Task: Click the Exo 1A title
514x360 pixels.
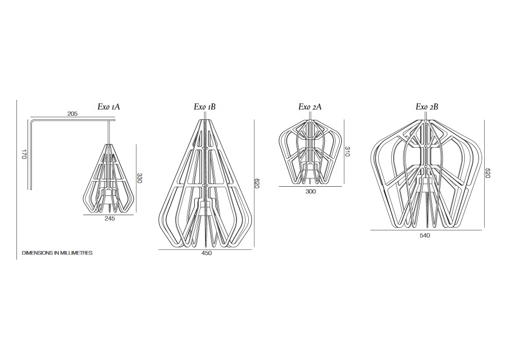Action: click(108, 106)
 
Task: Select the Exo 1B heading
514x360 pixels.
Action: click(205, 106)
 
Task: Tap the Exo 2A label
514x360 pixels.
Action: click(310, 106)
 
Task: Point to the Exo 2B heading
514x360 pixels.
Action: click(427, 106)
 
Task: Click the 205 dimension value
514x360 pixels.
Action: click(72, 114)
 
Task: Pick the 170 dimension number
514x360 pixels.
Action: click(24, 154)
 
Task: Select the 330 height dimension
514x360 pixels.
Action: click(139, 178)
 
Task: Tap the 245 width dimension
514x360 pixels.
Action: click(109, 219)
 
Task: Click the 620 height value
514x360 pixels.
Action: click(256, 183)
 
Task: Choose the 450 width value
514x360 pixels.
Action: click(207, 253)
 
